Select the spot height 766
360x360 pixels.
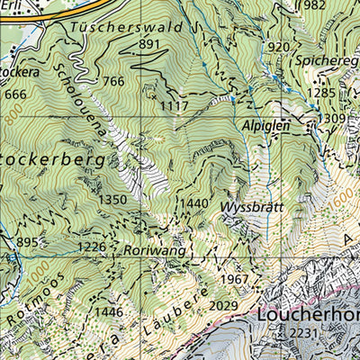click(113, 82)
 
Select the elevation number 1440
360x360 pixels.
click(193, 204)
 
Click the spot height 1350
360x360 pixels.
click(112, 200)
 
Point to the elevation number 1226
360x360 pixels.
click(92, 247)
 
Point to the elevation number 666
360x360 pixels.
click(16, 94)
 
